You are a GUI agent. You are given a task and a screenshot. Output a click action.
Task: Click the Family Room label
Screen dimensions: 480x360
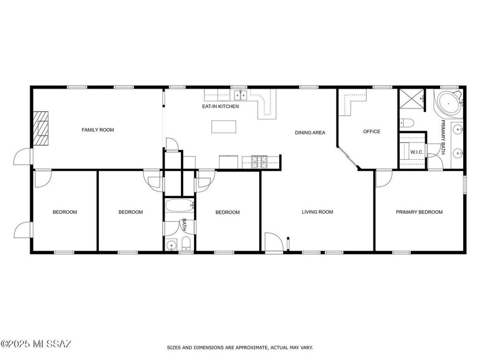click(x=97, y=130)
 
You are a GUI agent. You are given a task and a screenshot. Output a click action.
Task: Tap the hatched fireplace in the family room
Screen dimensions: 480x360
click(x=41, y=128)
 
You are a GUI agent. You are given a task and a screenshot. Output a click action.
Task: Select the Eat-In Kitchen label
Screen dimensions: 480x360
click(x=220, y=106)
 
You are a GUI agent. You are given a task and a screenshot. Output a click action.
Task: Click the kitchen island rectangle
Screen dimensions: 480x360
click(x=224, y=127)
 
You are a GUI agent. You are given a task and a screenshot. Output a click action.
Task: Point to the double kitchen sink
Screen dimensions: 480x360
click(x=240, y=95)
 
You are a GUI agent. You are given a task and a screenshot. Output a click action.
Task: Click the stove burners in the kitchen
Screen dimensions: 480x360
click(x=259, y=162)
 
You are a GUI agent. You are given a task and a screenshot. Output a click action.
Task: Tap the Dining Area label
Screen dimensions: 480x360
click(x=310, y=132)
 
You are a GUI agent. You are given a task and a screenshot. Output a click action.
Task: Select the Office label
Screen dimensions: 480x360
click(x=372, y=132)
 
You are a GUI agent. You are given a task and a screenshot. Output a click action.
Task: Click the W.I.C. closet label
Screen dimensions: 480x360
click(x=417, y=152)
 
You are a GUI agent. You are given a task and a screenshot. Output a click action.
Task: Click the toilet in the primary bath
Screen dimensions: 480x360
click(x=407, y=123)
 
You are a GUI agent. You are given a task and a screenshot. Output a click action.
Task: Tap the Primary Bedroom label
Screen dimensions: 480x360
click(x=419, y=212)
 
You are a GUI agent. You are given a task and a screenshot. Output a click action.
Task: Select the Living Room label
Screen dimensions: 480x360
click(x=317, y=212)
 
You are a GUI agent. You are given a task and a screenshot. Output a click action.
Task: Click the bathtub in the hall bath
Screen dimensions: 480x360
click(x=180, y=205)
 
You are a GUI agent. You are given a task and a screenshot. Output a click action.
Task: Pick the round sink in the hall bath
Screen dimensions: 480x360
click(x=171, y=245)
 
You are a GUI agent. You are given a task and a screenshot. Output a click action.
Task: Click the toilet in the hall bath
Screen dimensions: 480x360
click(x=186, y=244)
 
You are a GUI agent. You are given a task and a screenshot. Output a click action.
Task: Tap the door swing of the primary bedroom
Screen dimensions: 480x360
click(x=384, y=179)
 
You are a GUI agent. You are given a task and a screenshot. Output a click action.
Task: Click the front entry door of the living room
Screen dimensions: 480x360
click(x=274, y=243)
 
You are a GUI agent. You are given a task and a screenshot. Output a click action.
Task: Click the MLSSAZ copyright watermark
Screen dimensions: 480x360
click(x=36, y=344)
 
